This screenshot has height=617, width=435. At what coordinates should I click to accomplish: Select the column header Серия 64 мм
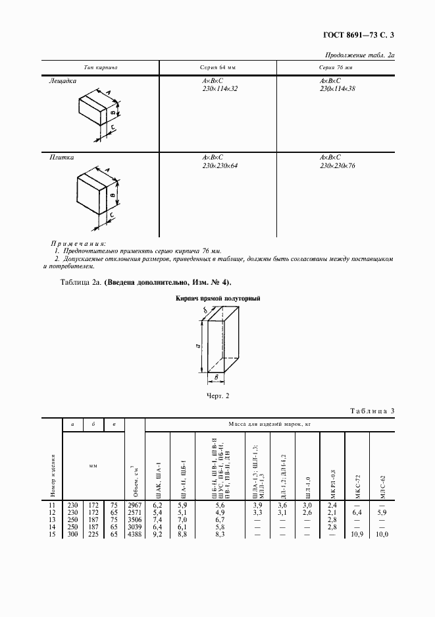pyautogui.click(x=217, y=68)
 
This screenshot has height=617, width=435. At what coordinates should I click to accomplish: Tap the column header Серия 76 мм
pyautogui.click(x=336, y=68)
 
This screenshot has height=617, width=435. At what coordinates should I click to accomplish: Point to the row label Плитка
pyautogui.click(x=61, y=158)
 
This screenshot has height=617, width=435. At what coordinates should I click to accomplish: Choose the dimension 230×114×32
pyautogui.click(x=220, y=88)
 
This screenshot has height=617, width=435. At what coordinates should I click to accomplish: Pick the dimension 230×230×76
pyautogui.click(x=337, y=166)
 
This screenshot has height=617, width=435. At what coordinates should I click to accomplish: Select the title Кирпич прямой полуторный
pyautogui.click(x=218, y=299)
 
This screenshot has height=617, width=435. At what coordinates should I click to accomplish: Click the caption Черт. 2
pyautogui.click(x=217, y=396)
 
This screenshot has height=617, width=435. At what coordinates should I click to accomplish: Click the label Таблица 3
pyautogui.click(x=370, y=412)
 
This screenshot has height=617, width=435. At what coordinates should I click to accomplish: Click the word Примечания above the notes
pyautogui.click(x=82, y=243)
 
